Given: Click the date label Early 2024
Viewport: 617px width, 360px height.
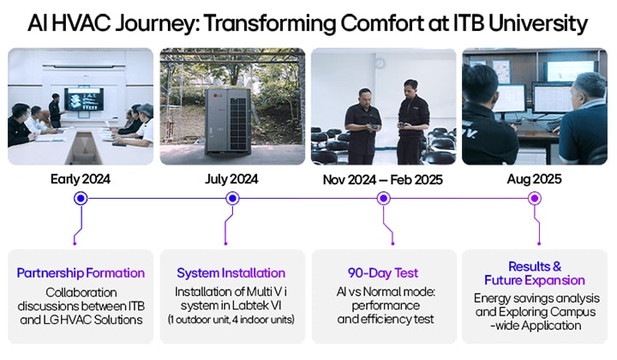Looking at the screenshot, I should click(x=81, y=179).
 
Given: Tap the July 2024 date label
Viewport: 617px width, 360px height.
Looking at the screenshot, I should click(x=232, y=179).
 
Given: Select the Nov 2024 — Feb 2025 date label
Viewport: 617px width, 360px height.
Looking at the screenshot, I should click(x=384, y=179).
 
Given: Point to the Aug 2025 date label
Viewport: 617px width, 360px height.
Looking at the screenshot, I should click(x=534, y=179).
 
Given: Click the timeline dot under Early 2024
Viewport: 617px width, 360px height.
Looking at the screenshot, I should click(x=81, y=198).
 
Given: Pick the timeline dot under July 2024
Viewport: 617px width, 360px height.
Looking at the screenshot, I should click(x=232, y=198).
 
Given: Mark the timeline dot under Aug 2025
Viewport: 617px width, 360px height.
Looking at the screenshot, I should click(x=534, y=198).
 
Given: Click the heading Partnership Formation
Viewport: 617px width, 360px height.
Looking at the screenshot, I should click(x=81, y=273).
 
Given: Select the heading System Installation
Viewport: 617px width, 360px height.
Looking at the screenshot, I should click(x=232, y=273).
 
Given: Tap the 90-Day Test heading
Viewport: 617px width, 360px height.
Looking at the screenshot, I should click(x=383, y=273).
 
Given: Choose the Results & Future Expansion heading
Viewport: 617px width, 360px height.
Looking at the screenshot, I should click(x=534, y=273).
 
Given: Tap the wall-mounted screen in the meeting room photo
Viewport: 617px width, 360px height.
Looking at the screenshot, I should click(x=83, y=98).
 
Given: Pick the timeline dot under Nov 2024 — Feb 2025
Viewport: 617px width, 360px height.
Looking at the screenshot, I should click(x=384, y=198).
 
